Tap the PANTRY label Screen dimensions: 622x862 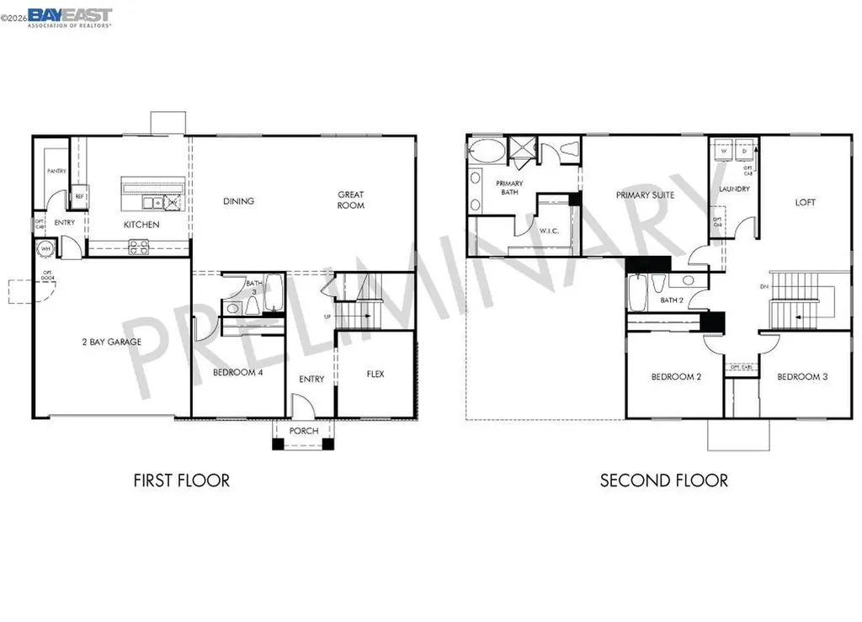pyautogui.click(x=56, y=171)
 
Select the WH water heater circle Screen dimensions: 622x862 pyautogui.click(x=44, y=248)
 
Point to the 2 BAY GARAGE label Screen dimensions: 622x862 pyautogui.click(x=111, y=342)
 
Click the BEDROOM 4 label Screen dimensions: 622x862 pyautogui.click(x=238, y=372)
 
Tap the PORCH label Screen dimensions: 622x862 pyautogui.click(x=304, y=431)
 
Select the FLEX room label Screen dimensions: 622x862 pyautogui.click(x=375, y=374)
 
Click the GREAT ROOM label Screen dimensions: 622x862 pyautogui.click(x=351, y=200)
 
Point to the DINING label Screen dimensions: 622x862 pyautogui.click(x=238, y=201)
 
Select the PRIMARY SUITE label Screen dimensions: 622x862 pyautogui.click(x=646, y=195)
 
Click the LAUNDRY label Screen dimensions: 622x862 pyautogui.click(x=734, y=189)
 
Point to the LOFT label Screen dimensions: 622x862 pyautogui.click(x=806, y=202)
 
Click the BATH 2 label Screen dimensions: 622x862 pyautogui.click(x=671, y=300)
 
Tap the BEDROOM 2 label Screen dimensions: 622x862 pyautogui.click(x=676, y=376)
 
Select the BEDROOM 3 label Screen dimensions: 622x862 pyautogui.click(x=802, y=376)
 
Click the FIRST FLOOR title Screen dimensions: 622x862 pyautogui.click(x=181, y=481)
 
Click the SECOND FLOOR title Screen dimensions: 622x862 pyautogui.click(x=663, y=481)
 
